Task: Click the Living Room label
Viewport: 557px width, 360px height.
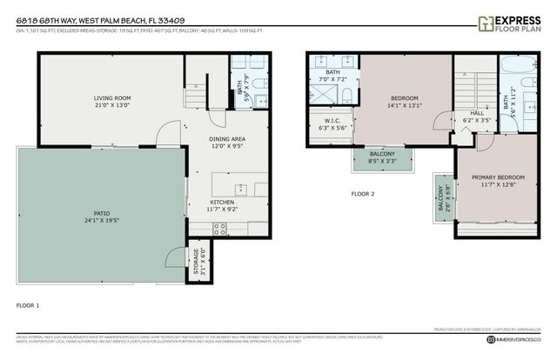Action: click(x=112, y=97)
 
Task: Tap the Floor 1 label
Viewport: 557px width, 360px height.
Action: click(x=28, y=305)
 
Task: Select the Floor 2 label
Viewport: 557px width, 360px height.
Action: click(x=362, y=193)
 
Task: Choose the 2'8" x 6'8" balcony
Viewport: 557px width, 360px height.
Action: click(x=443, y=202)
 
